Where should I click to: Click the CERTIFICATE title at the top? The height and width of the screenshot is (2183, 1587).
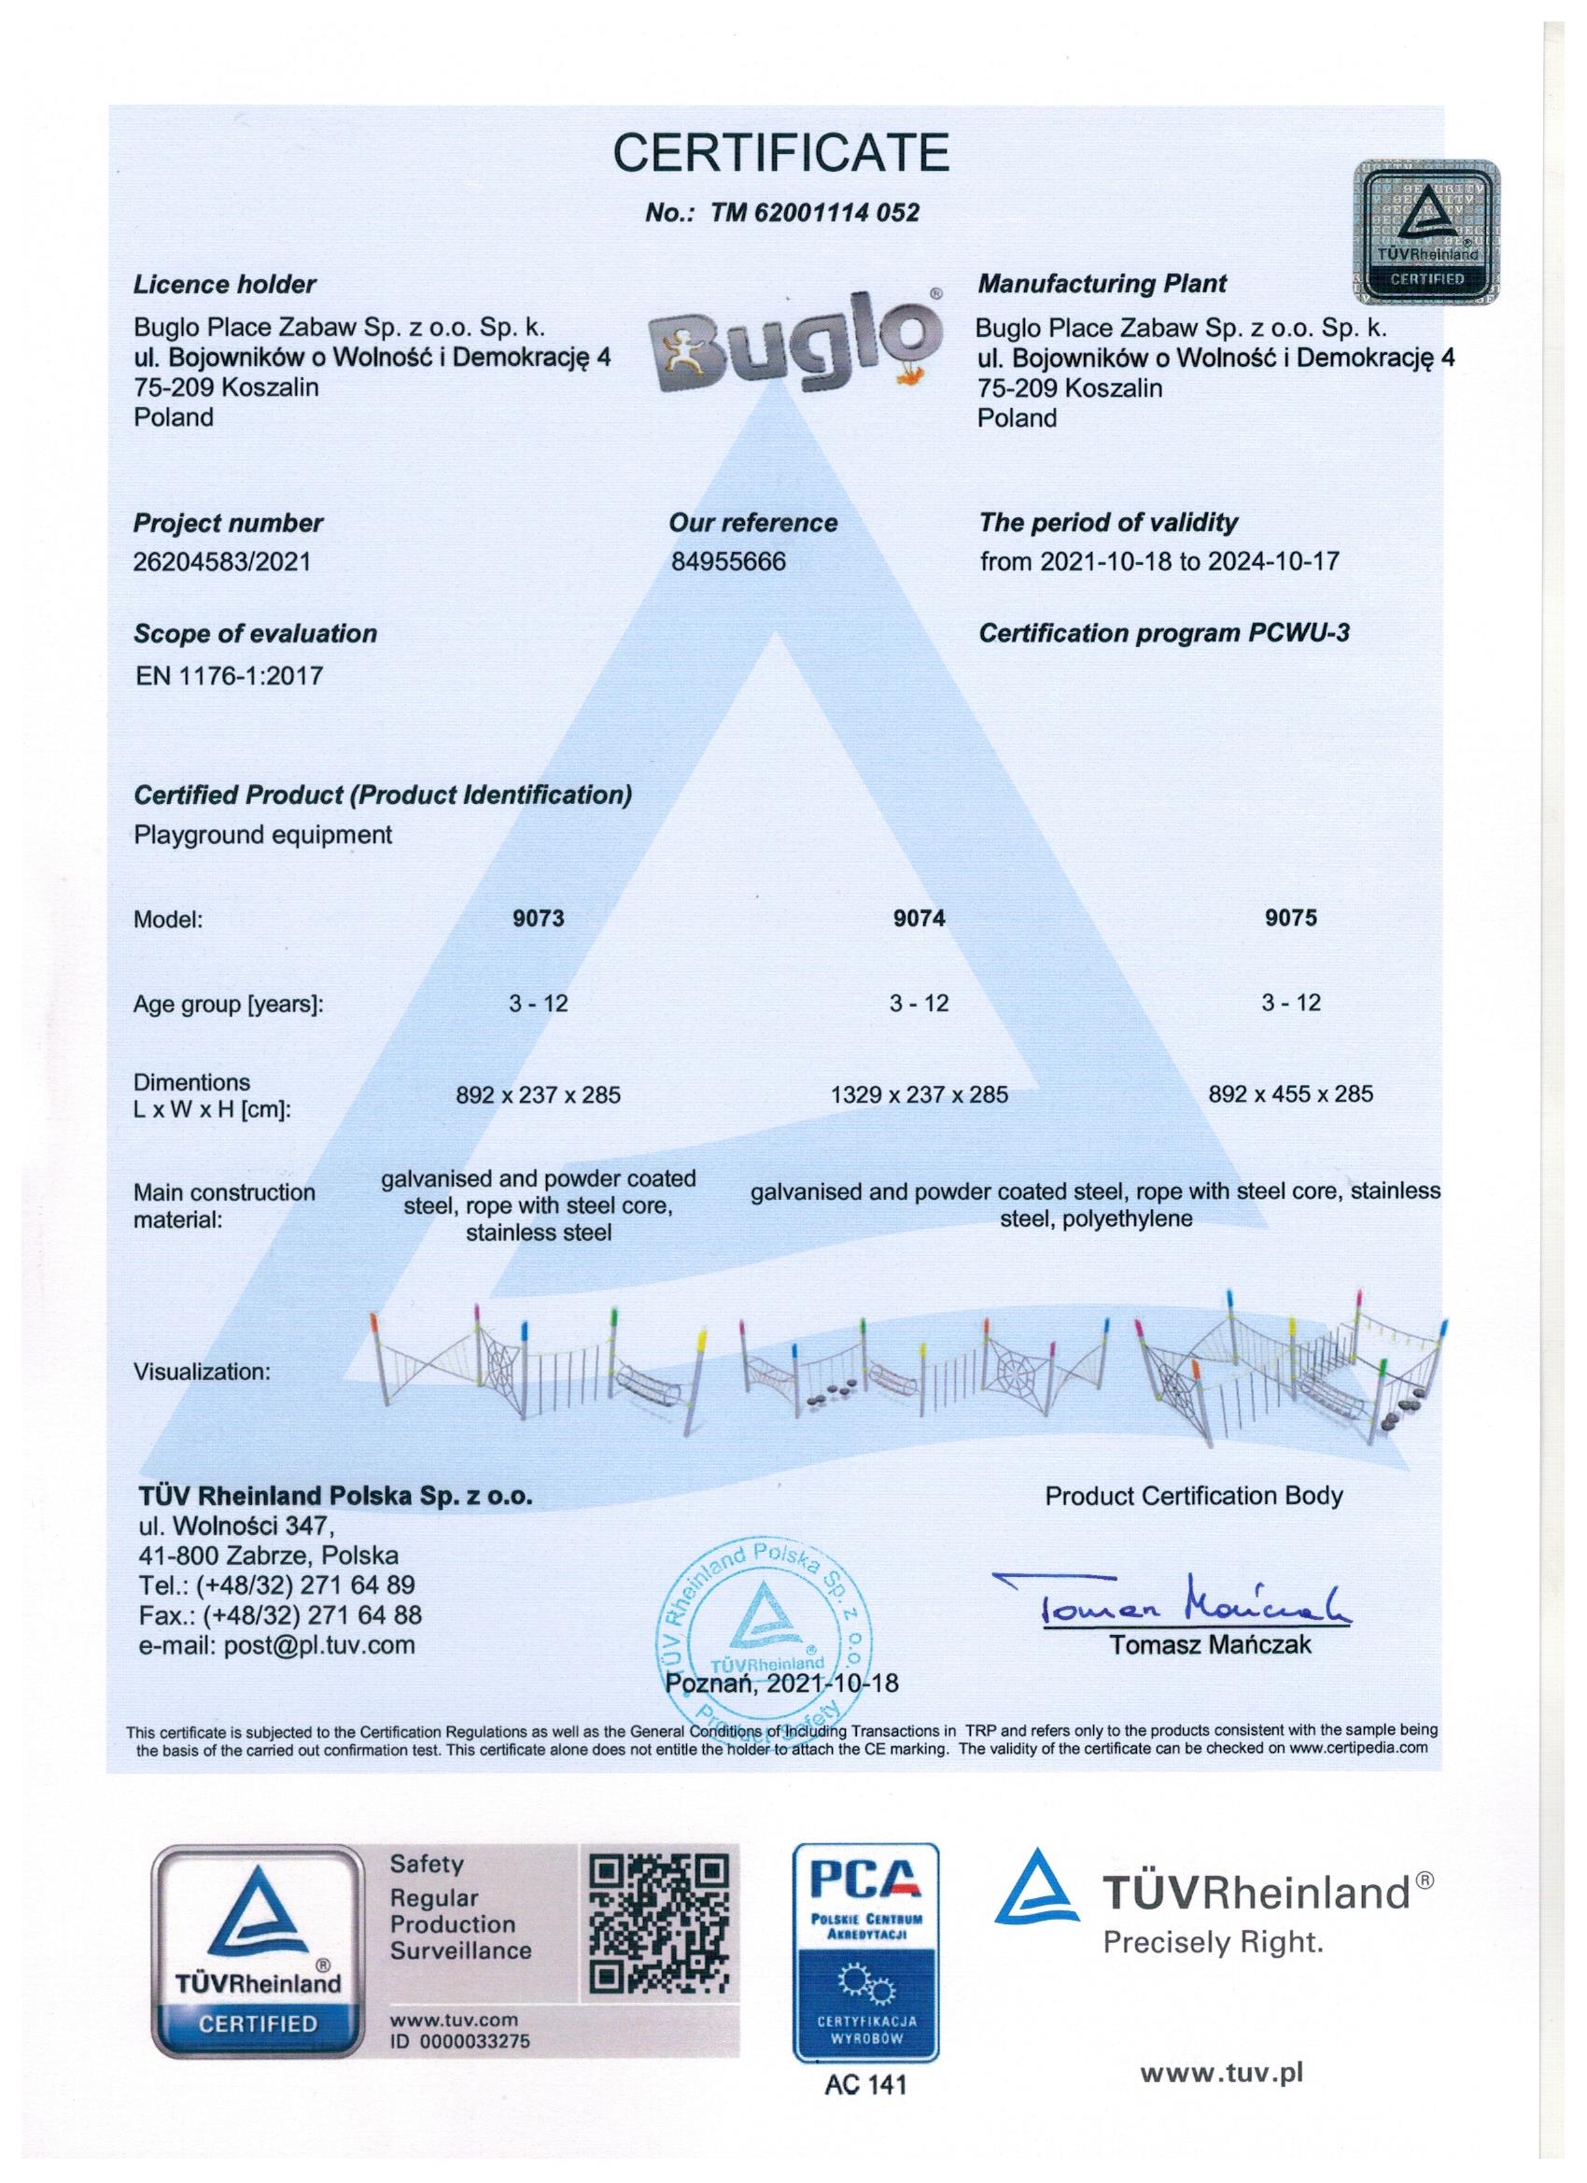(x=781, y=153)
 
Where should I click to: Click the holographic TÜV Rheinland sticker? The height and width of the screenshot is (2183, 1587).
(x=1427, y=230)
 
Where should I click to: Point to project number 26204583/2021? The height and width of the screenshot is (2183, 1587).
(x=222, y=561)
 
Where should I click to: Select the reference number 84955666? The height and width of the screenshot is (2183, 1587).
(x=728, y=561)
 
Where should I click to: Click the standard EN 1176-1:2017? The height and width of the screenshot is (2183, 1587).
(x=229, y=675)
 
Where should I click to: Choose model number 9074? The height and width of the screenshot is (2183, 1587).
(x=920, y=918)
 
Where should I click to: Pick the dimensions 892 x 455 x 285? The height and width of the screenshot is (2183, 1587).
(x=1290, y=1093)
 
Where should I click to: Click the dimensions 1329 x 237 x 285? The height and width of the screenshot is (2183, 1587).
(x=920, y=1094)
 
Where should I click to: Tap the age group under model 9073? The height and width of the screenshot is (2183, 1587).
(x=538, y=1003)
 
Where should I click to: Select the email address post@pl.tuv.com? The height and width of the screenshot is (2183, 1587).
(x=277, y=1645)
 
